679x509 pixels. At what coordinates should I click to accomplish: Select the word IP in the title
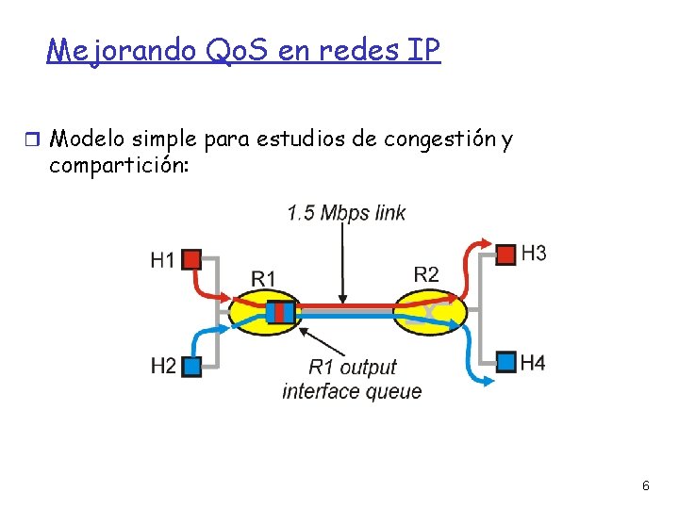pyautogui.click(x=421, y=49)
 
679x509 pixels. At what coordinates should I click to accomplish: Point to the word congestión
pyautogui.click(x=439, y=140)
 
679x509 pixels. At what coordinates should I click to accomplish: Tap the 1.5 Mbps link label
pyautogui.click(x=346, y=212)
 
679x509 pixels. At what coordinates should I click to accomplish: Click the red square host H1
pyautogui.click(x=191, y=258)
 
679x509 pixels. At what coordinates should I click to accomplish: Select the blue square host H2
pyautogui.click(x=191, y=365)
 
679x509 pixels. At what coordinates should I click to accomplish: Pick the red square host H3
pyautogui.click(x=506, y=254)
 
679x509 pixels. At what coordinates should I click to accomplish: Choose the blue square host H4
pyautogui.click(x=506, y=361)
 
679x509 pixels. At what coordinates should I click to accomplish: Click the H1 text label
pyautogui.click(x=162, y=259)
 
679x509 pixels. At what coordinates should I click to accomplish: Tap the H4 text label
pyautogui.click(x=533, y=362)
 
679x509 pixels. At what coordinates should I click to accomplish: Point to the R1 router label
pyautogui.click(x=264, y=277)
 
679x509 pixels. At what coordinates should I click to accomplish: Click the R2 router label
pyautogui.click(x=426, y=273)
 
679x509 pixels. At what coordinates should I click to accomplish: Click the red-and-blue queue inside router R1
pyautogui.click(x=279, y=311)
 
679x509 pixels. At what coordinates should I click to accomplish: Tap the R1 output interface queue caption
pyautogui.click(x=352, y=379)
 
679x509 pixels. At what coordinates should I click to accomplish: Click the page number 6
pyautogui.click(x=645, y=486)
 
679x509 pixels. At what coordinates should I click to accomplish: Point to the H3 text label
pyautogui.click(x=534, y=254)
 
